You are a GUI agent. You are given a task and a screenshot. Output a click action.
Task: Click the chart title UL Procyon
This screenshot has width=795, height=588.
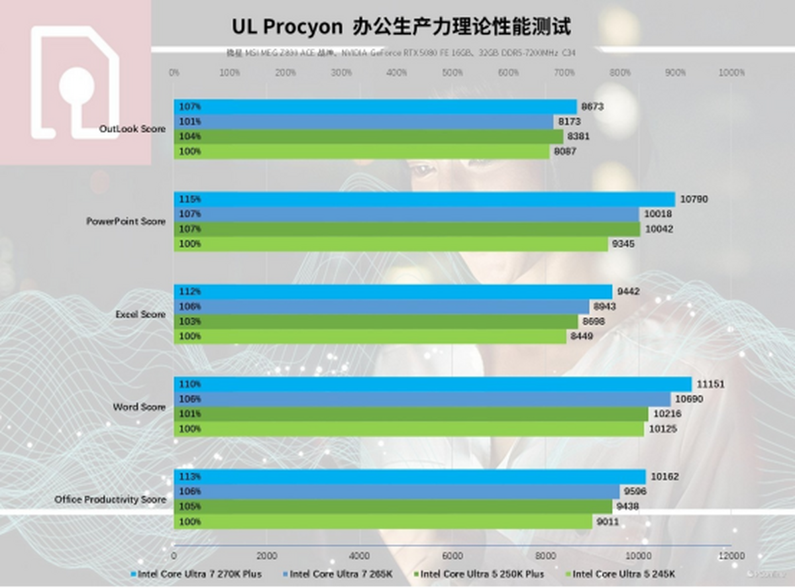coord(400,26)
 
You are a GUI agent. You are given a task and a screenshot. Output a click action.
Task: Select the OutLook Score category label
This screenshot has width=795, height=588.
coord(132,129)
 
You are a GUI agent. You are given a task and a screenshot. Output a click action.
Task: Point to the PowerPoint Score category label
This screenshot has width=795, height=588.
coord(126,221)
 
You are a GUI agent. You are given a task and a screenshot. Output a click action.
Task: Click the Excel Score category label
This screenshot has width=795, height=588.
coord(140,314)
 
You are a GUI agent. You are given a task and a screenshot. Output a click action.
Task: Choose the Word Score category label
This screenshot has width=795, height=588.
coord(139,407)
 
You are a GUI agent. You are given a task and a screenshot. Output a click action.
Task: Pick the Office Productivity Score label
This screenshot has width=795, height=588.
coord(110,499)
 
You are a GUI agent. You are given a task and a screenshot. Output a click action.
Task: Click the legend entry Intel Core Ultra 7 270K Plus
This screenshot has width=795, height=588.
coord(199,573)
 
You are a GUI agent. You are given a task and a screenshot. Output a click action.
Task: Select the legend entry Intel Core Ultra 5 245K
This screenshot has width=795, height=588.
coord(623,573)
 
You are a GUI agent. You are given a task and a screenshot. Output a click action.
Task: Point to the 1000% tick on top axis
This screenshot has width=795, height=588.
coord(731,73)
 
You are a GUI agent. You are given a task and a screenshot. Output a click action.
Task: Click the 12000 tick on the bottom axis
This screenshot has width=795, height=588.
coord(731,556)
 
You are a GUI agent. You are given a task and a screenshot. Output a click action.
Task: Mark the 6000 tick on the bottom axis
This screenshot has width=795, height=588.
coord(452,556)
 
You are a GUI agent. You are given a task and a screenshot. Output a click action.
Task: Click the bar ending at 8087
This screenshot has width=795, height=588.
coord(362,152)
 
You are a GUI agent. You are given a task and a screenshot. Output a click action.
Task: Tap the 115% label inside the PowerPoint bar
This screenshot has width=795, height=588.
coord(189,199)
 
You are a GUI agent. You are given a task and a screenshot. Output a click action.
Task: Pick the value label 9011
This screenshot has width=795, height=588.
coord(609,522)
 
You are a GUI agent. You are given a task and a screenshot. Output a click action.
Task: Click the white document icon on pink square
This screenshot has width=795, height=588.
coord(75,83)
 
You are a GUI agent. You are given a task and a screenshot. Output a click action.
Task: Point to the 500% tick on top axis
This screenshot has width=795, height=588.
coord(452,73)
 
